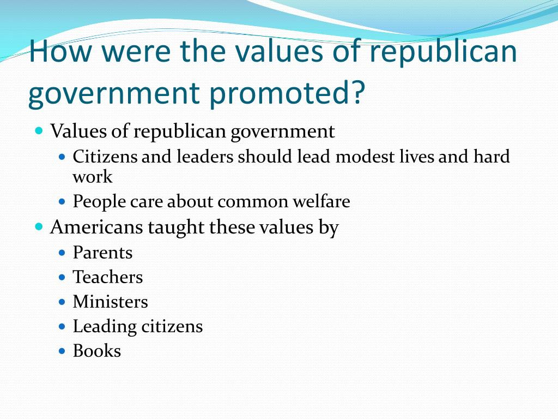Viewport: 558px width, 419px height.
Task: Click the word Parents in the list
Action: pyautogui.click(x=102, y=253)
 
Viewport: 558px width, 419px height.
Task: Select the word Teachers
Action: pyautogui.click(x=108, y=277)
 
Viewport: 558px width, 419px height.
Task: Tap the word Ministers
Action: pyautogui.click(x=110, y=302)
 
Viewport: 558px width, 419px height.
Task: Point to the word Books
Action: pyautogui.click(x=97, y=351)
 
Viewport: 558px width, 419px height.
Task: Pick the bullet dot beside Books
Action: pyautogui.click(x=62, y=351)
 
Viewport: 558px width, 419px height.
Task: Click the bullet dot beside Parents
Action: pyautogui.click(x=62, y=253)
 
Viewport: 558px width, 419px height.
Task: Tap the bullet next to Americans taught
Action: pyautogui.click(x=39, y=226)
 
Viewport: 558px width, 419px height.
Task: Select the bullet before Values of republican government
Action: pyautogui.click(x=39, y=130)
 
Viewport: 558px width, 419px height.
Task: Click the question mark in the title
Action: pyautogui.click(x=357, y=92)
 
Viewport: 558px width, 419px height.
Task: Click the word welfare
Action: pyautogui.click(x=322, y=201)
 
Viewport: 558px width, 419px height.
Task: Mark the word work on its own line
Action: pyautogui.click(x=93, y=177)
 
